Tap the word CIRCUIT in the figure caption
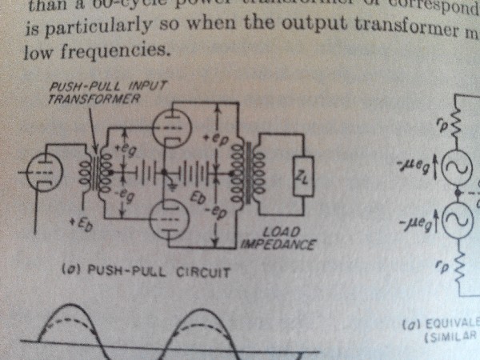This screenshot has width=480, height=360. click(204, 273)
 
